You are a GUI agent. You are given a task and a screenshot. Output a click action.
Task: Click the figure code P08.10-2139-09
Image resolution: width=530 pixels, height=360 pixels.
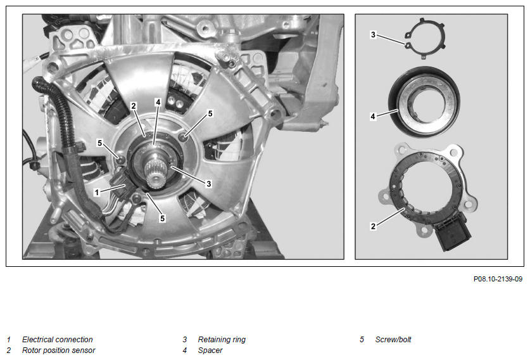coord(498,279)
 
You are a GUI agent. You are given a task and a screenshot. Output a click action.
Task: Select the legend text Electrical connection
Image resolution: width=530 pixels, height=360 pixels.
coord(58,339)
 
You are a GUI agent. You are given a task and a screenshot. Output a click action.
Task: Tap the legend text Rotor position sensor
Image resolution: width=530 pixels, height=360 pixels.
coord(58,350)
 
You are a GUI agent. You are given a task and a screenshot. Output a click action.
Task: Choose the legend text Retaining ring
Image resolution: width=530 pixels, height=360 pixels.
coord(222,339)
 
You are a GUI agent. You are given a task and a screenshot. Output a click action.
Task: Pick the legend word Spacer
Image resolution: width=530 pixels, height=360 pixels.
coord(210,350)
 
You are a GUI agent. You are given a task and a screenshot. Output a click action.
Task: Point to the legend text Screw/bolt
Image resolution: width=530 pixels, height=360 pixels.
coord(393,339)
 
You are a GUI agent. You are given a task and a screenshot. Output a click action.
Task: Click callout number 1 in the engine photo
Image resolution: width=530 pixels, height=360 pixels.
coord(97,193)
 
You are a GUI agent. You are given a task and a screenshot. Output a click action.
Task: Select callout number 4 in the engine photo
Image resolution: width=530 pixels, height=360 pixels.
coord(158,102)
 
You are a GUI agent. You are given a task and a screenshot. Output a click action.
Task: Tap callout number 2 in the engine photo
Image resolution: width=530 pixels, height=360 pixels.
coord(134,106)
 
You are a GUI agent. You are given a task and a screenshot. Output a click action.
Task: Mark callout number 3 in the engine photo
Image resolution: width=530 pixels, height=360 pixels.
coord(209,184)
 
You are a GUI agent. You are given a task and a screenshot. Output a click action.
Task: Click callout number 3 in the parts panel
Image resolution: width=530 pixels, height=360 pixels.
coord(373,34)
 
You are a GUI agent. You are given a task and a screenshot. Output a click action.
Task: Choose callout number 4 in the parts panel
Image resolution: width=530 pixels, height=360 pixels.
coord(373,117)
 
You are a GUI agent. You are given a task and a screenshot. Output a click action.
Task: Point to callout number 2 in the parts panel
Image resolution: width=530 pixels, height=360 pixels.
coord(373,226)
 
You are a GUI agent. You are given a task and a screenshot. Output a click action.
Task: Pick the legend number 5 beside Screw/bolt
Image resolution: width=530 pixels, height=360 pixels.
coord(362,339)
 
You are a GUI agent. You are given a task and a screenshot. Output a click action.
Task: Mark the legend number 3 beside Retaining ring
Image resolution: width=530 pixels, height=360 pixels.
coord(184,339)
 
